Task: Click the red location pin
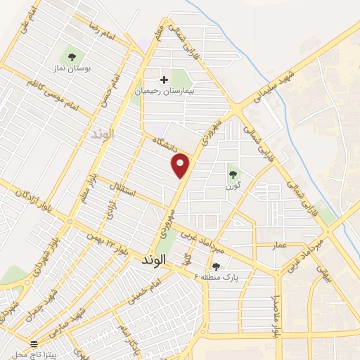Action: (x=181, y=165)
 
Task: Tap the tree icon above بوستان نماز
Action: (x=71, y=56)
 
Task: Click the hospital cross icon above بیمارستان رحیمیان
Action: (x=165, y=79)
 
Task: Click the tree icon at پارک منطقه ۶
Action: (x=216, y=266)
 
